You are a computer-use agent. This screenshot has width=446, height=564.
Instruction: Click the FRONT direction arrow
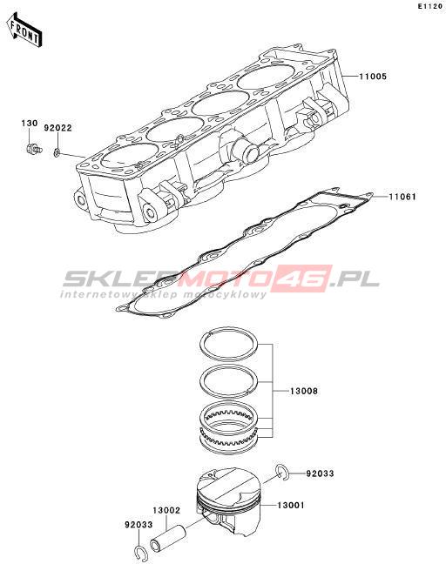pos(24,30)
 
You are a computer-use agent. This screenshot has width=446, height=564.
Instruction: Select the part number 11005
pos(373,77)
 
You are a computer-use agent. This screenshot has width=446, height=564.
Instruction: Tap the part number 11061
pos(402,197)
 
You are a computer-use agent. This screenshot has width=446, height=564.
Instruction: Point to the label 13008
pos(304,391)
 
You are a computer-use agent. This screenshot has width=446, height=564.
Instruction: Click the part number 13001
pos(290,506)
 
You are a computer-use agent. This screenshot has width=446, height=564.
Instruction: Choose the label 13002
pos(166,510)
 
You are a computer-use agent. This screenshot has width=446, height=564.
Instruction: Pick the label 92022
pos(58,128)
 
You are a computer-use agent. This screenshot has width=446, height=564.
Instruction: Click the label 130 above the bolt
pos(29,124)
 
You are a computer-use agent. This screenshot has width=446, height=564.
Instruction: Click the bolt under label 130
pos(34,148)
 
